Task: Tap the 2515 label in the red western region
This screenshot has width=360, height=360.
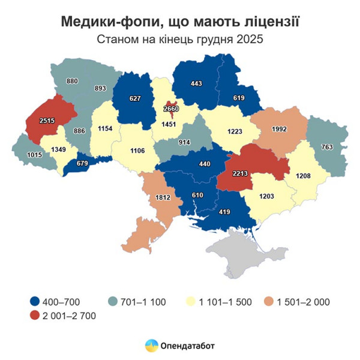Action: pos(47,121)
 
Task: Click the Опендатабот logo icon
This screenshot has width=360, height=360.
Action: pos(151,346)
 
